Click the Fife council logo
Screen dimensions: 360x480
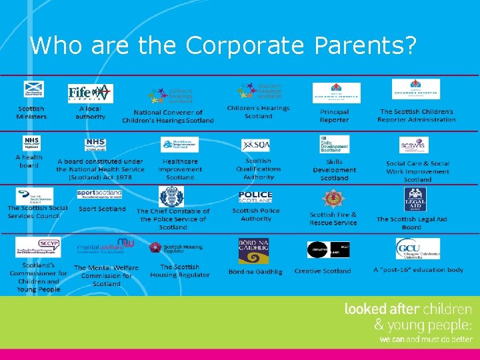(90, 93)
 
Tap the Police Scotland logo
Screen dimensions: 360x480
(255, 196)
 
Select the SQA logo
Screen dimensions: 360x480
(255, 145)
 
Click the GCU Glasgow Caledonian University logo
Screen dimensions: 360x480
(417, 249)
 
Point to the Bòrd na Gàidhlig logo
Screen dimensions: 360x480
(253, 251)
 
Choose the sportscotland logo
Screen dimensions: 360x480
(99, 194)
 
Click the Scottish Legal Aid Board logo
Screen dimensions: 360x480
(415, 198)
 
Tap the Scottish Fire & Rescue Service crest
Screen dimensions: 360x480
(332, 199)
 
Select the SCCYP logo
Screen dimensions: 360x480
(38, 247)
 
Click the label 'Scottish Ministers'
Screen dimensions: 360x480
(31, 112)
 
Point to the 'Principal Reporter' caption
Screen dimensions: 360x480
(334, 116)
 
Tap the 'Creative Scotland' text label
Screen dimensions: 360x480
(323, 271)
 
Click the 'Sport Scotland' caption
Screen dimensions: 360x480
(102, 209)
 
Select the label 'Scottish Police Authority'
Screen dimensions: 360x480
(256, 215)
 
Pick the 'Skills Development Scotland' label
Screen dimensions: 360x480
(334, 170)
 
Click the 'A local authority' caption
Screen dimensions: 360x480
(91, 112)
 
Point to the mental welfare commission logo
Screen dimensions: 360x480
(105, 247)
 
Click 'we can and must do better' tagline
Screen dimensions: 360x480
(425, 339)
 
